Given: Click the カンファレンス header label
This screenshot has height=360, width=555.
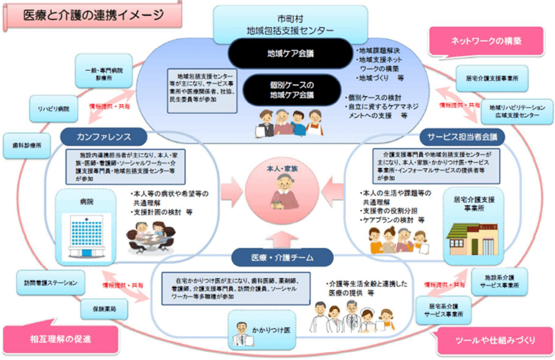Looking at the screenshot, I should coord(103,135).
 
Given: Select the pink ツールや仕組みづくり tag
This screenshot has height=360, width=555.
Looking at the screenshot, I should coord(496,340).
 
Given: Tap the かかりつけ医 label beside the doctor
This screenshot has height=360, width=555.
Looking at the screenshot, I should coord(271,330).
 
